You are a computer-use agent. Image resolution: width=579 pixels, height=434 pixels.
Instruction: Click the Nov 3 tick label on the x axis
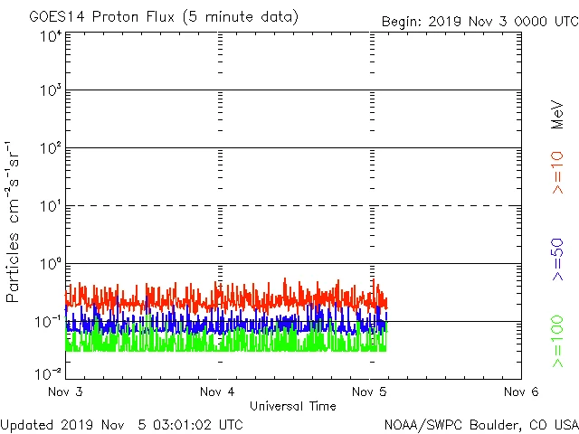click(x=65, y=392)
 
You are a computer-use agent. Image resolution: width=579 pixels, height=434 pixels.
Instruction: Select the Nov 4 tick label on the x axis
click(x=217, y=392)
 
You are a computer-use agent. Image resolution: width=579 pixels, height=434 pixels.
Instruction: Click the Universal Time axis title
click(x=292, y=407)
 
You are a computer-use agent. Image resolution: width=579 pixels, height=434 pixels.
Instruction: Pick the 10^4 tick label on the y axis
click(x=50, y=36)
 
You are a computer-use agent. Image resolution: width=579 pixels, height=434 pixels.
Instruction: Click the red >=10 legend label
click(x=557, y=172)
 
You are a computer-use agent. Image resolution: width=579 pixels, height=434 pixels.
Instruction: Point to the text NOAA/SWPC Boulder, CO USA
click(x=480, y=424)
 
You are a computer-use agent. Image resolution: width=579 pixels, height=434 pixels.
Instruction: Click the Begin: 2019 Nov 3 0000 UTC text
click(x=479, y=20)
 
